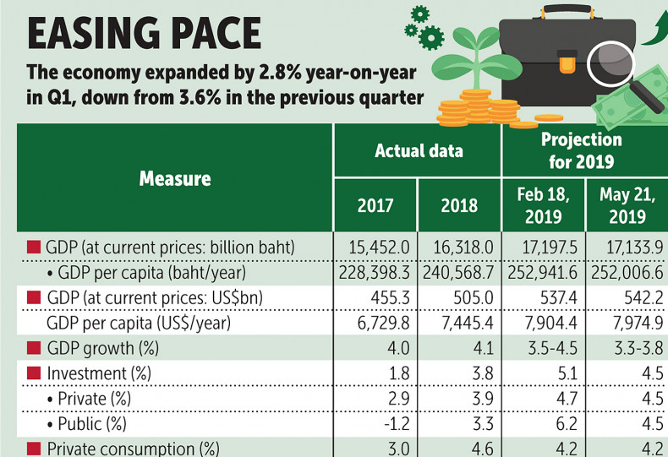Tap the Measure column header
(x=175, y=178)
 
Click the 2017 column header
(x=375, y=205)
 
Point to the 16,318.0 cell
(x=460, y=248)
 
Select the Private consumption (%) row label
(x=127, y=448)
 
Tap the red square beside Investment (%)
(x=34, y=372)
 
